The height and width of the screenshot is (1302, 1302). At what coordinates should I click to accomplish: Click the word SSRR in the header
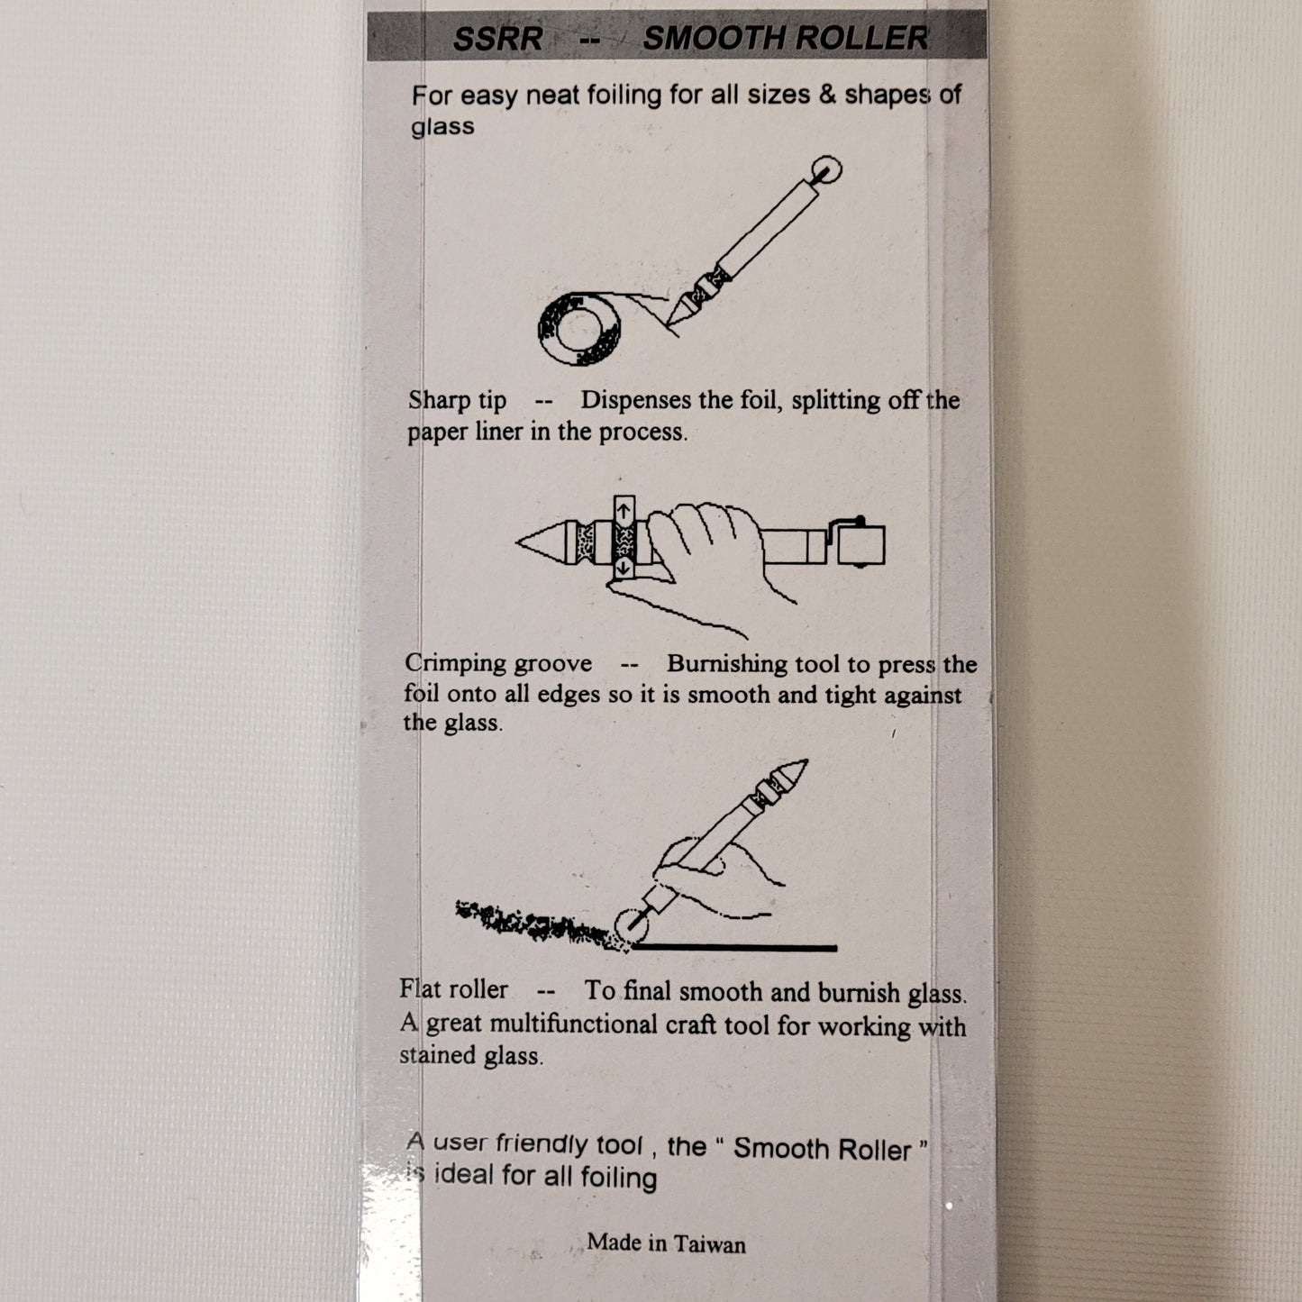click(x=497, y=38)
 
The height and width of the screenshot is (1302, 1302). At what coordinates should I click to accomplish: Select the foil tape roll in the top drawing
click(x=579, y=329)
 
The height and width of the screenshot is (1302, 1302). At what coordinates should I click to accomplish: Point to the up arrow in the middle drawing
click(x=624, y=510)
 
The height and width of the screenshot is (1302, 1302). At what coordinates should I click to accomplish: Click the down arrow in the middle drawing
click(x=624, y=567)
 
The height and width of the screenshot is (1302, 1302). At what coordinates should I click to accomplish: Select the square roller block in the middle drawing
click(x=860, y=544)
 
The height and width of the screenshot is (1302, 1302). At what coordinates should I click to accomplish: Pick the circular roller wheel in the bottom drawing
click(x=633, y=925)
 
